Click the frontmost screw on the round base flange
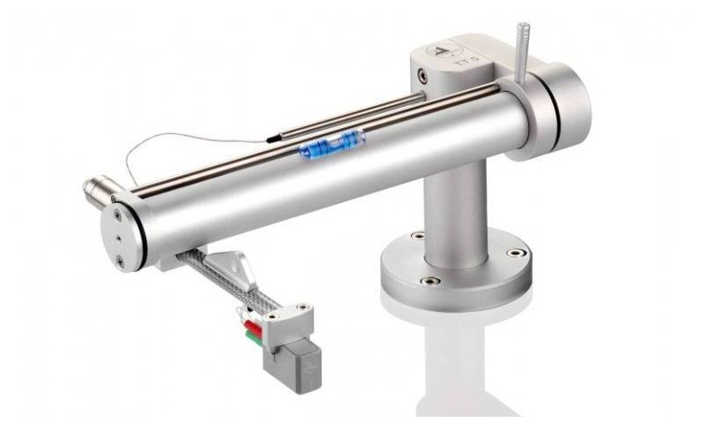click(430, 282)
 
